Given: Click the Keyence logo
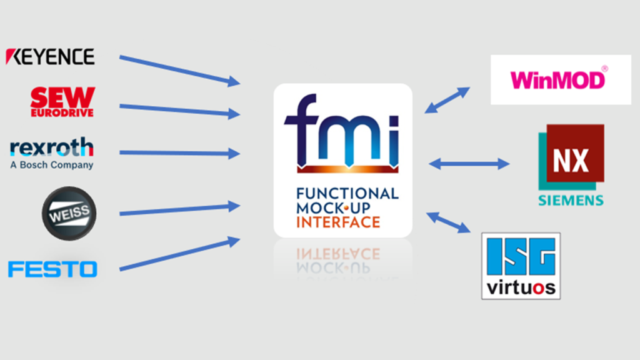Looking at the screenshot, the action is [50, 57].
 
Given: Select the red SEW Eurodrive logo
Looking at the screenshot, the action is [62, 102].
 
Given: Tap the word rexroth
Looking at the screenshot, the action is [52, 147].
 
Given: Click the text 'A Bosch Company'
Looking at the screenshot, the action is [52, 165].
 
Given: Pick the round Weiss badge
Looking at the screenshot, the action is [69, 214].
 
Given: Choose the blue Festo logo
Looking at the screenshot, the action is [52, 269].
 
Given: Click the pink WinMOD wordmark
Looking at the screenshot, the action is [558, 79].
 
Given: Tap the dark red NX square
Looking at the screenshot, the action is [575, 153].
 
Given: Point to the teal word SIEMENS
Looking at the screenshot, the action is [571, 201].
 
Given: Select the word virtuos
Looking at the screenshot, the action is [521, 287].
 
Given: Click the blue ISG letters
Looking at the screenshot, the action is [521, 256].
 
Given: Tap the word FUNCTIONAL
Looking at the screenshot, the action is [347, 194].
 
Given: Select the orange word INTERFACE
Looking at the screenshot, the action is [338, 222].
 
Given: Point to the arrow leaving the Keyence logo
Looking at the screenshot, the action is [179, 70].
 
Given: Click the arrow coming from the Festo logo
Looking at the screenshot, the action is [179, 254].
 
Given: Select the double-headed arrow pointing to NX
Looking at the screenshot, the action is [469, 164].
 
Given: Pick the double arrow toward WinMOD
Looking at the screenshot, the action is [447, 100].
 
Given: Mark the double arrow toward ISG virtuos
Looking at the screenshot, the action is [448, 222].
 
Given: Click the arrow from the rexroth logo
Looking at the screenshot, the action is [179, 153].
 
